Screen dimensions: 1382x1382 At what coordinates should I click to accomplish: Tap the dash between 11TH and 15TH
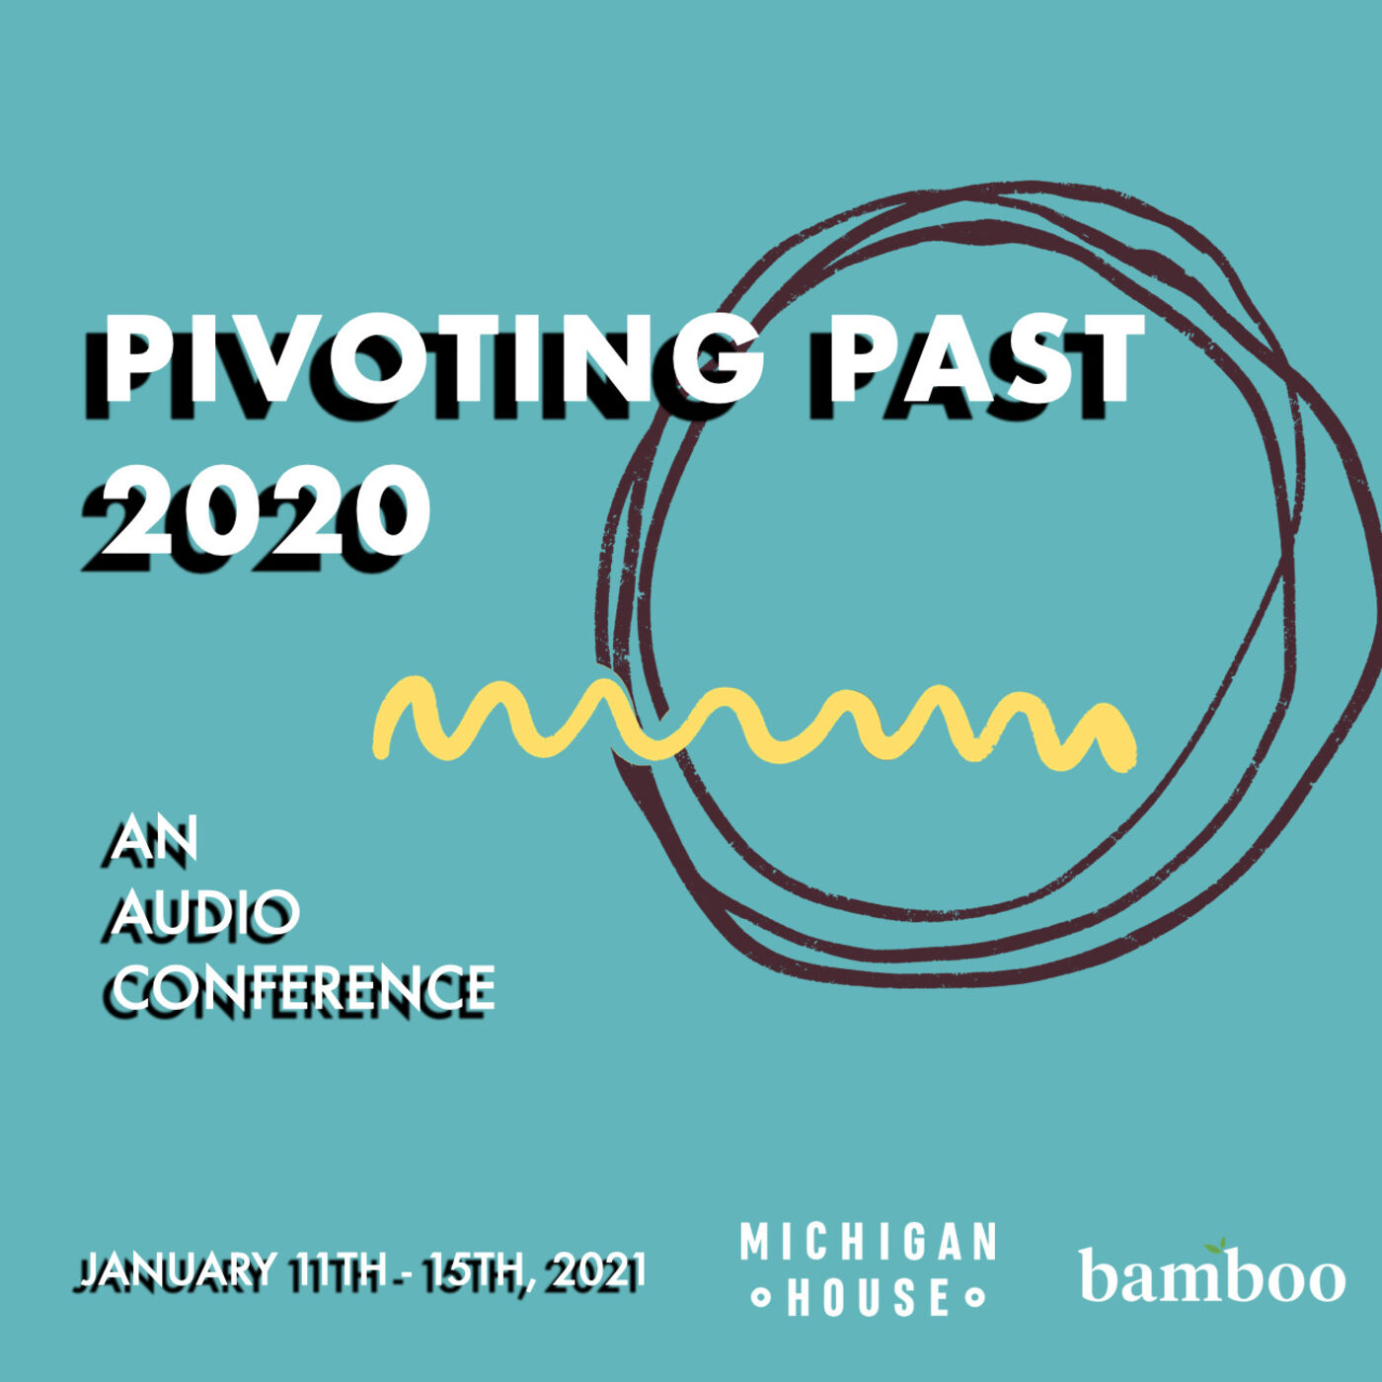(405, 1292)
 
